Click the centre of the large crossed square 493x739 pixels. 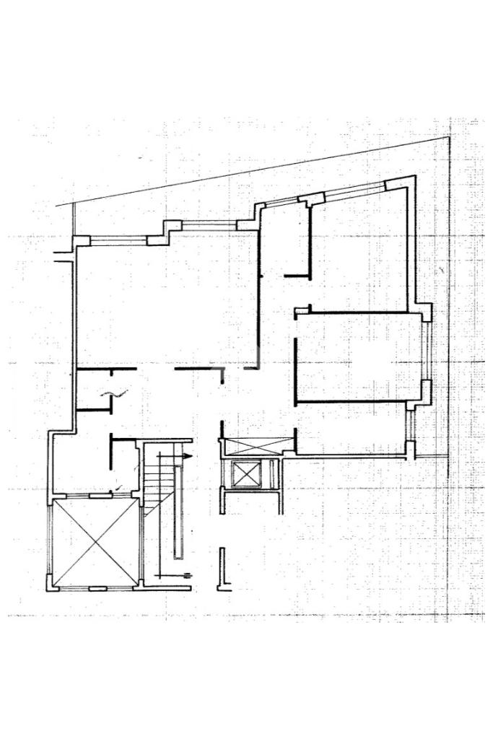[95, 543]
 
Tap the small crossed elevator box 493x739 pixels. [246, 475]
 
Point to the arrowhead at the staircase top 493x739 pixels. [188, 457]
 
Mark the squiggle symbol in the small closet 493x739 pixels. [115, 393]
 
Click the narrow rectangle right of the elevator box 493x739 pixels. [274, 475]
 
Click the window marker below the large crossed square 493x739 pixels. [97, 589]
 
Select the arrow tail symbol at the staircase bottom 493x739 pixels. [186, 574]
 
